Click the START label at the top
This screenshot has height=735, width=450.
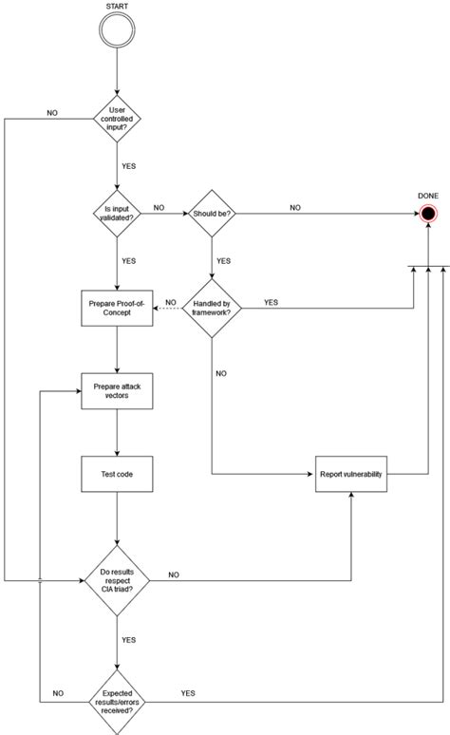point(117,7)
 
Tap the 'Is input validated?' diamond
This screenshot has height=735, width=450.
point(117,212)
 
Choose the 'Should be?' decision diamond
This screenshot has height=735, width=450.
point(211,212)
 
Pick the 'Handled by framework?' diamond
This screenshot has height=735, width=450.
point(211,280)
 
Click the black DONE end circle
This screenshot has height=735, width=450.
point(428,213)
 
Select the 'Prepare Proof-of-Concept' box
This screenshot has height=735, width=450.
point(117,281)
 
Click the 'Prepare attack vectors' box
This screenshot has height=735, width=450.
point(117,392)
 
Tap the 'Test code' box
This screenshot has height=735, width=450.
point(117,472)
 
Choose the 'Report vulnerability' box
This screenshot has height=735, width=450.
point(352,472)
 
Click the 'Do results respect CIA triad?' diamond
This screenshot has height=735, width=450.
point(117,578)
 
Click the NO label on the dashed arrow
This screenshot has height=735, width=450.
point(170,276)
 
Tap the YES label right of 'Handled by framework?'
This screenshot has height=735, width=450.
point(271,275)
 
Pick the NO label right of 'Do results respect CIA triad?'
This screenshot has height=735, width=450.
point(174,574)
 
